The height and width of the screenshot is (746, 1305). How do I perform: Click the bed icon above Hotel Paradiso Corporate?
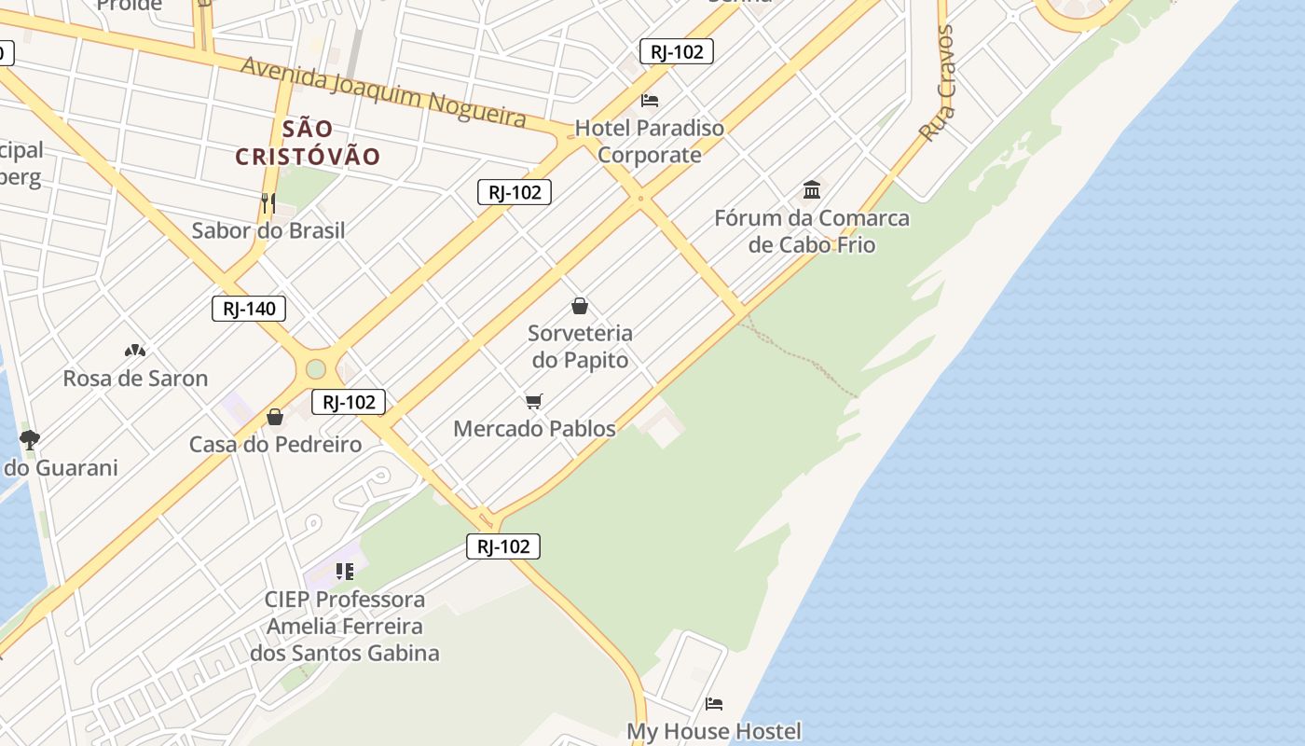tap(650, 100)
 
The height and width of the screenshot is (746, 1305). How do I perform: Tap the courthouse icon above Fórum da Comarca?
tap(812, 189)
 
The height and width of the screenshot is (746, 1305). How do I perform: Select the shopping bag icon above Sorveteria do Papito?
tap(580, 306)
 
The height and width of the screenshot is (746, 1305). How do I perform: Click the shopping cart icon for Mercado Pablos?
tap(534, 401)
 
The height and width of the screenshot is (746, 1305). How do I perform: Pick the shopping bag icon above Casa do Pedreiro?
tap(275, 417)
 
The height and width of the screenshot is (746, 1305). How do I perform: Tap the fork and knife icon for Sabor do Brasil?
tap(268, 202)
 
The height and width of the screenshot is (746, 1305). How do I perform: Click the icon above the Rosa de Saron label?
tap(135, 351)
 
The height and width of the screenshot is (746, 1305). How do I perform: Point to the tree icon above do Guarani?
tap(30, 439)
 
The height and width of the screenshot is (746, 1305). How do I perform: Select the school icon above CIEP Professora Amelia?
tap(345, 571)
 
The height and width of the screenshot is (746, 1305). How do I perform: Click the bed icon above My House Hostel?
tap(714, 703)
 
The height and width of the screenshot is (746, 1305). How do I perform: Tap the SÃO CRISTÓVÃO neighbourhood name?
tap(308, 142)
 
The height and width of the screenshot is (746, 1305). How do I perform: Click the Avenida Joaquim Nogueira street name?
tap(383, 90)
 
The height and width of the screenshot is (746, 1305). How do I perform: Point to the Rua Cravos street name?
tap(937, 84)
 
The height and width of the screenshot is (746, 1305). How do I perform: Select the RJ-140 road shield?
tap(249, 309)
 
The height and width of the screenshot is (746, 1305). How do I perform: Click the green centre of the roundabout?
tap(316, 369)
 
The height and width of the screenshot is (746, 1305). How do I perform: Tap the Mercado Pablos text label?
tap(534, 429)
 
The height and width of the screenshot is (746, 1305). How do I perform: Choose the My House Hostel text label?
tap(714, 731)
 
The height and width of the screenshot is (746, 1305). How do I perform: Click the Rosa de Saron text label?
tap(135, 379)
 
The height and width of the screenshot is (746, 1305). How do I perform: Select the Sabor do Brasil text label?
tap(268, 230)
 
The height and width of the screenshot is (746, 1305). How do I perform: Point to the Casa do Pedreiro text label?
tap(275, 445)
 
